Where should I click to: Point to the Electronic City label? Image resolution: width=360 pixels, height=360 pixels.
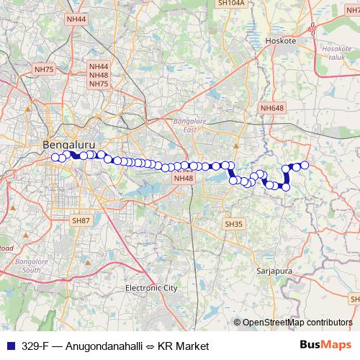pyautogui.click(x=151, y=288)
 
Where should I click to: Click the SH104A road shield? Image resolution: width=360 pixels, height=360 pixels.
pyautogui.click(x=231, y=3)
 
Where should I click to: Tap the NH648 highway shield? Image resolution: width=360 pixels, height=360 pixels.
pyautogui.click(x=273, y=107)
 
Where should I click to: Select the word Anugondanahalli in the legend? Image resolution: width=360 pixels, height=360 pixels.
pyautogui.click(x=99, y=346)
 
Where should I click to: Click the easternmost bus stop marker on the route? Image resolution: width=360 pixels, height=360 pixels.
pyautogui.click(x=305, y=165)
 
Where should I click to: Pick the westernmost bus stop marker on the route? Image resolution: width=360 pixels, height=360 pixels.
pyautogui.click(x=55, y=158)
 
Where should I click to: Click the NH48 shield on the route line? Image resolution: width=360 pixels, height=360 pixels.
pyautogui.click(x=185, y=178)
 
